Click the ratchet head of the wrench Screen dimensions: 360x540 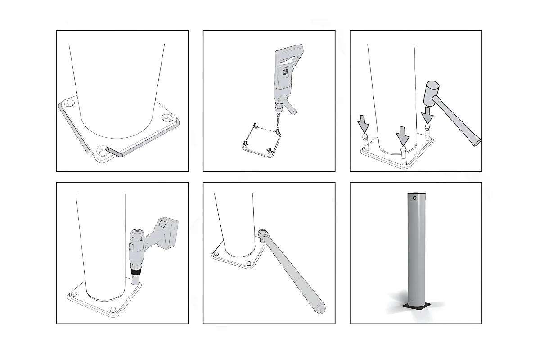click(264, 234)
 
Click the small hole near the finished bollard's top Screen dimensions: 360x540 click(414, 198)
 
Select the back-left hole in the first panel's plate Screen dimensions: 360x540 click(69, 104)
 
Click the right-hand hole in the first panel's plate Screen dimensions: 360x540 click(167, 120)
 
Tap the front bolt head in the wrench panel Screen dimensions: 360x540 click(248, 264)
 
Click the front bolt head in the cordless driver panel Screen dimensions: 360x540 click(113, 310)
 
